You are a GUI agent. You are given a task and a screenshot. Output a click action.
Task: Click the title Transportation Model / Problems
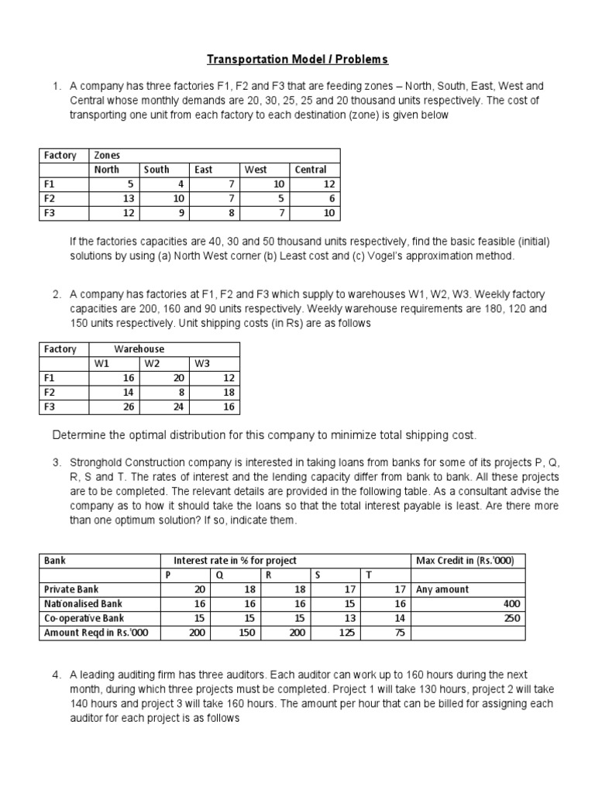[297, 59]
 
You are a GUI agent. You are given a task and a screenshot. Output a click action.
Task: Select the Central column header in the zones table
[310, 170]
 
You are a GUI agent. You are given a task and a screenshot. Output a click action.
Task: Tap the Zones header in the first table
[107, 155]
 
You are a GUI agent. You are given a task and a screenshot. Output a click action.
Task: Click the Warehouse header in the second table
[139, 349]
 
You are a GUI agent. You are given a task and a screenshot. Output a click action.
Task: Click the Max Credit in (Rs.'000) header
[459, 561]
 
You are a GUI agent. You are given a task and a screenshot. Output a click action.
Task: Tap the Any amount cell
[442, 589]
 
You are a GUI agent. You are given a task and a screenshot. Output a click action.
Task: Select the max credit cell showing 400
[512, 604]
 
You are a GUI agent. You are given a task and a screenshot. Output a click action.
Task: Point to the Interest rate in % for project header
[235, 561]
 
